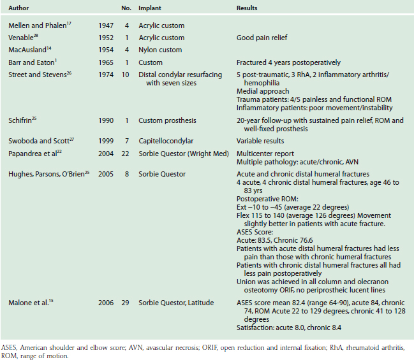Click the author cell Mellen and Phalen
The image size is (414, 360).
pos(39,25)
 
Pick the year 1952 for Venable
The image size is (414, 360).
pos(105,38)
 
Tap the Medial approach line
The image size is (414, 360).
pos(258,92)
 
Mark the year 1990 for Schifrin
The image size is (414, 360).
pos(105,120)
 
